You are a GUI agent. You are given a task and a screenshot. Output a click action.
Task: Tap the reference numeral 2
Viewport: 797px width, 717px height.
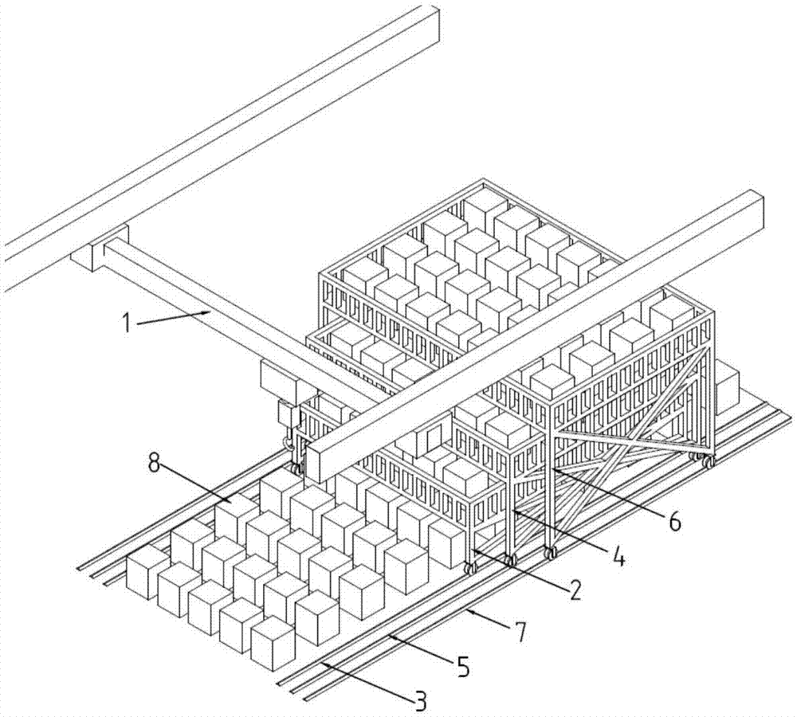pos(575,590)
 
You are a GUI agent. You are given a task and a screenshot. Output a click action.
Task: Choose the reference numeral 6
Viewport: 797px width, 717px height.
pos(674,521)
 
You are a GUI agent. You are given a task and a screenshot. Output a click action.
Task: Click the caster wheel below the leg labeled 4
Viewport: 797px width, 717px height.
pos(510,560)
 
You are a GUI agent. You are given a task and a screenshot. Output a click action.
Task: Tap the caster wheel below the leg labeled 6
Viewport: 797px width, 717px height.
pos(549,552)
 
